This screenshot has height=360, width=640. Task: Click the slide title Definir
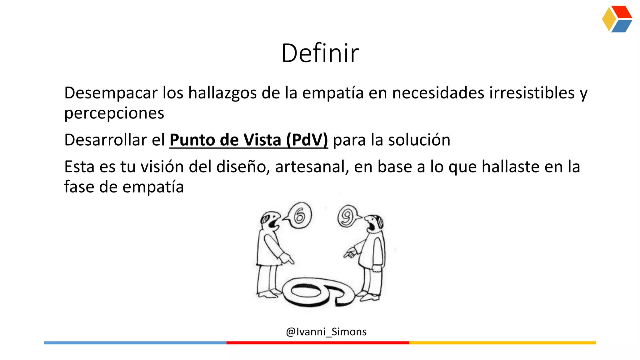point(320,53)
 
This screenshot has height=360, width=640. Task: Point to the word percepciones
point(114,113)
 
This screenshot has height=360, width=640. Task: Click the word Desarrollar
point(105,140)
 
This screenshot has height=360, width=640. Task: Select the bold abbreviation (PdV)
point(307,140)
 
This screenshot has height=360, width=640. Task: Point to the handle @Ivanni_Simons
point(326,332)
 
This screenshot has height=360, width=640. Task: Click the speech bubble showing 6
point(299,215)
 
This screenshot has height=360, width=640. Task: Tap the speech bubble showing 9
point(347,216)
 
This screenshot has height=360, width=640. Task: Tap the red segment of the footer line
point(317,343)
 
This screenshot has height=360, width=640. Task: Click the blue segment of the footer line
point(135,343)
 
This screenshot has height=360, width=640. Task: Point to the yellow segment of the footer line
point(502,343)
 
